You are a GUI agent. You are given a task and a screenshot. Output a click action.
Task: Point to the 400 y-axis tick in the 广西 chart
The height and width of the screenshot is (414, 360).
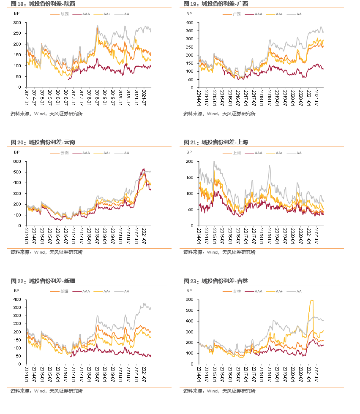point(190,22)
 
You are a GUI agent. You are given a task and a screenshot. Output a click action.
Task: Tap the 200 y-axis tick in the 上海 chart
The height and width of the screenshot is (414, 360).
point(190,162)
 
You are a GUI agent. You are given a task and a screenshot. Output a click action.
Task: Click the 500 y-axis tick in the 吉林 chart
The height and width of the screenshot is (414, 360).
point(190,311)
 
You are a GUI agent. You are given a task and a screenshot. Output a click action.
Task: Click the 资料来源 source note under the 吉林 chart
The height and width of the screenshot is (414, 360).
point(219,391)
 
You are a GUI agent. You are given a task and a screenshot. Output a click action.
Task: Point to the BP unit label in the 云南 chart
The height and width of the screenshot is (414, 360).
point(16,152)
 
